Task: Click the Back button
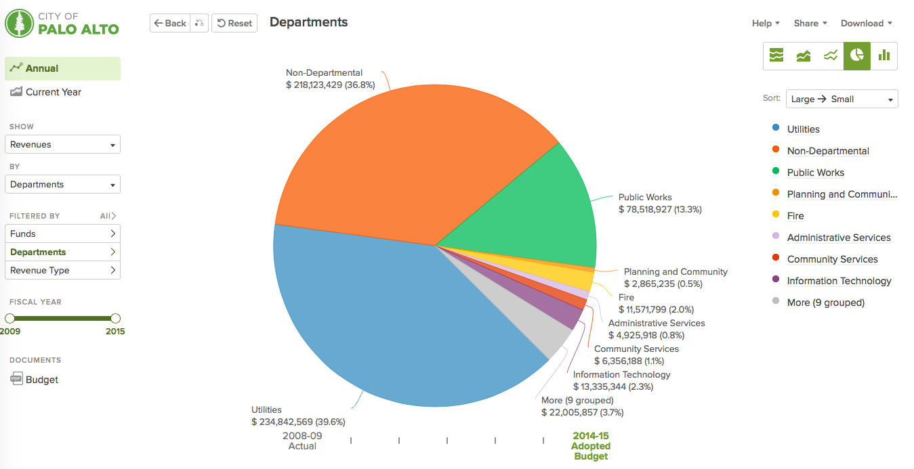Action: coord(169,23)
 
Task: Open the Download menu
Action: coord(866,23)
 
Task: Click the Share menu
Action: coord(810,23)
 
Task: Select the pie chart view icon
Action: coord(857,55)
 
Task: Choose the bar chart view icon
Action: coord(884,55)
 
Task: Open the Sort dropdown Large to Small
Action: coord(842,99)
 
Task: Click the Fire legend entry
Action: coord(795,216)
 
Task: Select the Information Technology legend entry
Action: coord(839,281)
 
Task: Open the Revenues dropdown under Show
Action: coord(62,144)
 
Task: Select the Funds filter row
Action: coord(62,233)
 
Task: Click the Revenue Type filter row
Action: coord(62,270)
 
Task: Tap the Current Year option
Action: coord(53,92)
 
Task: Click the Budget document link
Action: coord(41,380)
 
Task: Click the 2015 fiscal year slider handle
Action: coord(115,318)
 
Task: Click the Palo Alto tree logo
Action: coord(19,23)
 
